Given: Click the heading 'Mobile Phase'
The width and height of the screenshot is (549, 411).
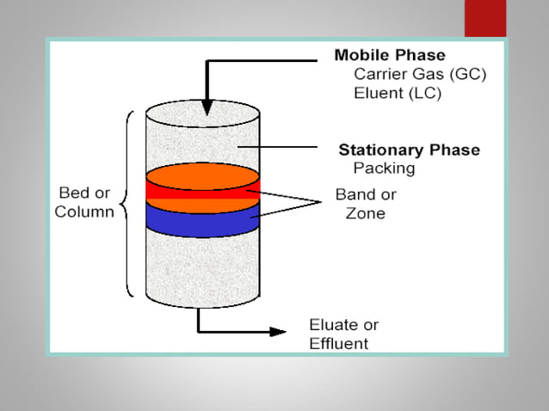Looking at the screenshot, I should (x=389, y=56).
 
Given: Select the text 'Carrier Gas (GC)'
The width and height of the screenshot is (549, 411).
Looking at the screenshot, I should (x=420, y=75).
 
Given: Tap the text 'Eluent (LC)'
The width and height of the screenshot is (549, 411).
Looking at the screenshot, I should (x=398, y=94).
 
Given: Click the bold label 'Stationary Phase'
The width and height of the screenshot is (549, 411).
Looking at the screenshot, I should (x=409, y=150).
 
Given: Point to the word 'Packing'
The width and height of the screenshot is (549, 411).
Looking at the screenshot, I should (x=384, y=169).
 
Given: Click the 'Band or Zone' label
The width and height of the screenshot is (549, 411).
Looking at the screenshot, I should (x=366, y=204).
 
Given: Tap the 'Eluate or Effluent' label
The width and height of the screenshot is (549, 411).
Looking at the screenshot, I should (x=343, y=334).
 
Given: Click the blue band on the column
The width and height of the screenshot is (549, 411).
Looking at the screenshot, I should (x=202, y=219).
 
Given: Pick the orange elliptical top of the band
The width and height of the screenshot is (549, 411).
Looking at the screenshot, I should (x=202, y=175).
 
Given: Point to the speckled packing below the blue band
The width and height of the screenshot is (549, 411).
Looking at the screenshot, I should (x=202, y=267).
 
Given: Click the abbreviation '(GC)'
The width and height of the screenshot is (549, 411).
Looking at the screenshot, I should (x=466, y=75).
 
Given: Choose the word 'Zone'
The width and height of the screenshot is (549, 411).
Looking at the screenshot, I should (x=365, y=213).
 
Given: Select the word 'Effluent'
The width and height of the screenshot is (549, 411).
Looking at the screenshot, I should (x=338, y=344).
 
